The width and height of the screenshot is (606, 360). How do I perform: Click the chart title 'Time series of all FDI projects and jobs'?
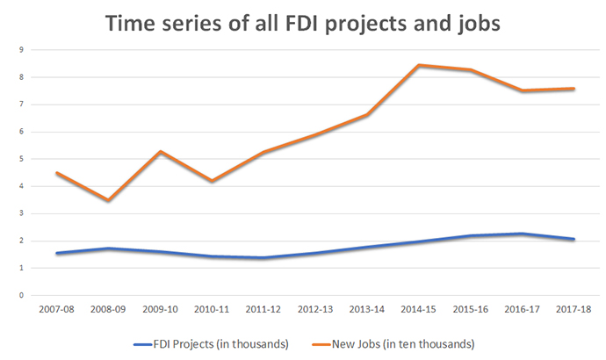click(303, 25)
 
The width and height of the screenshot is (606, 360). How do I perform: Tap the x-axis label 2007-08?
click(56, 309)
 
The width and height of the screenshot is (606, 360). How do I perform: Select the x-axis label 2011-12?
click(263, 309)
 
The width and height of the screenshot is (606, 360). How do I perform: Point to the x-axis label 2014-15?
click(419, 309)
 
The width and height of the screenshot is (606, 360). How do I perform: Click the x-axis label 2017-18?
click(574, 309)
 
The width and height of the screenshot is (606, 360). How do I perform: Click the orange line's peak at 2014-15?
click(419, 65)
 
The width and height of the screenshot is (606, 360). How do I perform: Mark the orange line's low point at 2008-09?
click(107, 200)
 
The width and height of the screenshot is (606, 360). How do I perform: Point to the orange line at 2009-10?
click(159, 152)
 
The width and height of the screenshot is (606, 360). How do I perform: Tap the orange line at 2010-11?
click(211, 181)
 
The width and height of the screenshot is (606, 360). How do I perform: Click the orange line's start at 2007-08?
click(56, 173)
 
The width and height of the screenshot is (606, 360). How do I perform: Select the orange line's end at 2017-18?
click(574, 89)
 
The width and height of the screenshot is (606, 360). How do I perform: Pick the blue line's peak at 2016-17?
click(523, 234)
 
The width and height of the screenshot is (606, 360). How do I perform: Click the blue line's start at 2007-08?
click(56, 254)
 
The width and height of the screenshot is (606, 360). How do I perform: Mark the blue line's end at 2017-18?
click(574, 239)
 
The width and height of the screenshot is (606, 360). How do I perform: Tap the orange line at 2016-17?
click(523, 90)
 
